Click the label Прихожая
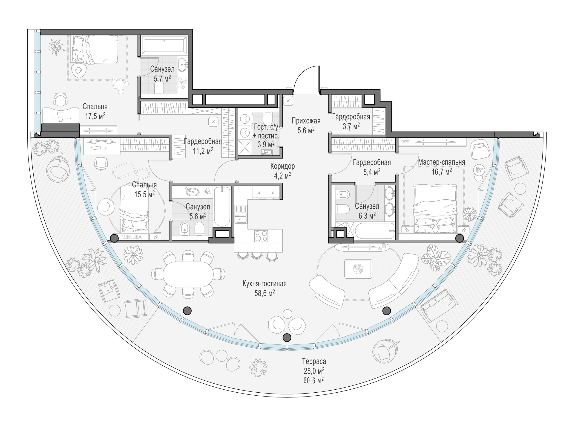(x=306, y=121)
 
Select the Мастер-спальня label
(x=441, y=162)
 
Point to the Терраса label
(x=314, y=361)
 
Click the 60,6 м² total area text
(x=314, y=380)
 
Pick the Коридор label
(x=282, y=166)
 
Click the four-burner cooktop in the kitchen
(x=261, y=236)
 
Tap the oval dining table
(x=188, y=274)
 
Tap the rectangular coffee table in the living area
(x=358, y=269)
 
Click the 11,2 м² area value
(x=203, y=151)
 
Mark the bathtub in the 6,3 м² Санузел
(x=374, y=231)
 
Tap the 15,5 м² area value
(x=144, y=194)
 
